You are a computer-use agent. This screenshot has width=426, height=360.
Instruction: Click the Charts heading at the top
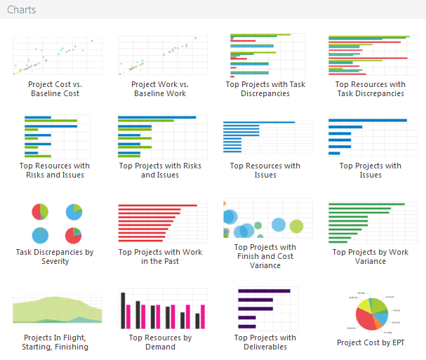click(22, 10)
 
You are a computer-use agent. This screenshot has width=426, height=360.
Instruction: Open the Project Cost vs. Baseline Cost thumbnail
click(58, 56)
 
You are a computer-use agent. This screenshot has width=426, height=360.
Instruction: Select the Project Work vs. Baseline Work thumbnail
click(163, 56)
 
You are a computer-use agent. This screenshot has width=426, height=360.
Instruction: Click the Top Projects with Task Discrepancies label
click(265, 89)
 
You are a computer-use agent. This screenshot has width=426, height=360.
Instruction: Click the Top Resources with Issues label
click(265, 171)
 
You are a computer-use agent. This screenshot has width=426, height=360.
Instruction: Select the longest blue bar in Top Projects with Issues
click(367, 121)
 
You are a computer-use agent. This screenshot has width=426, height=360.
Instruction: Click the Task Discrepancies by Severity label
click(55, 256)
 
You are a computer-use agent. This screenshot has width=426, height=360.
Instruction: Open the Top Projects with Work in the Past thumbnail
click(163, 223)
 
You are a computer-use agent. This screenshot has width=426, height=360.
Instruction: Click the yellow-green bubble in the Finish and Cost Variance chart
click(296, 226)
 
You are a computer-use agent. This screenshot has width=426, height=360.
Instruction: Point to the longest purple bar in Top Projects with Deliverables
click(264, 291)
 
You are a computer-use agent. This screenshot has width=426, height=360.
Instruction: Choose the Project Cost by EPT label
click(371, 343)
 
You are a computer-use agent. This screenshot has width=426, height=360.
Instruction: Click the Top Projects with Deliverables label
click(265, 342)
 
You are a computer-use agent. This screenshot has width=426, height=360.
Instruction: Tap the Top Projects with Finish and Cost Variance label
click(265, 256)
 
